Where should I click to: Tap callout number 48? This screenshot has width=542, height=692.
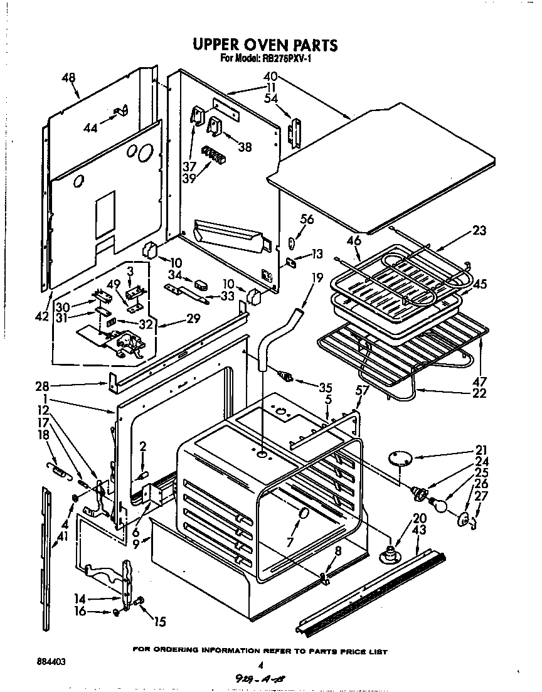click(68, 77)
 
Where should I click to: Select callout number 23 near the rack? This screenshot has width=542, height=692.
click(480, 230)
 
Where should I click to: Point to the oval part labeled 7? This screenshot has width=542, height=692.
click(304, 514)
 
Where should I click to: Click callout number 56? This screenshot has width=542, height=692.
click(307, 219)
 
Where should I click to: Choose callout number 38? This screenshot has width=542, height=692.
click(245, 147)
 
